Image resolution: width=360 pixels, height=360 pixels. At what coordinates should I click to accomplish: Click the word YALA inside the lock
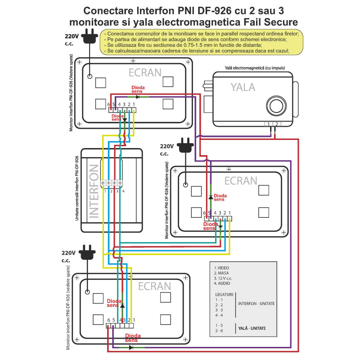coord(243,87)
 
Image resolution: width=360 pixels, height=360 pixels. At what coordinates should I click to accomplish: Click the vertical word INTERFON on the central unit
coord(94,191)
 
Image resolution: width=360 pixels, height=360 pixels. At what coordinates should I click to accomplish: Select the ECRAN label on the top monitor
coord(145,72)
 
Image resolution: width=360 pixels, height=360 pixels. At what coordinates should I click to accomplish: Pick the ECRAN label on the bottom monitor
coord(154,286)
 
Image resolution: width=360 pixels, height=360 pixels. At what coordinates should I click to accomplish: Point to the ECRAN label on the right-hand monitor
coord(241,180)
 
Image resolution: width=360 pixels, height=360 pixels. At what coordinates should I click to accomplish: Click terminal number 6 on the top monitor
coord(109,105)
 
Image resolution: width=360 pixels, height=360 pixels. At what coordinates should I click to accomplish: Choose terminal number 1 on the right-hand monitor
coord(229,213)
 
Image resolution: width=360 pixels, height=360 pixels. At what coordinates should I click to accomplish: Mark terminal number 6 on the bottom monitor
coord(108,320)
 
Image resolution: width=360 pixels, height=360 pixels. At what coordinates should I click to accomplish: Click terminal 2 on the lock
coord(277,124)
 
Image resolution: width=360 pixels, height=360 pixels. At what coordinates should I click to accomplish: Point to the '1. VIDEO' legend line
coord(221,268)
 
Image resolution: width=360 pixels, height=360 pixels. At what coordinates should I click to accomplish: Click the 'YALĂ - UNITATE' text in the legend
coord(252,328)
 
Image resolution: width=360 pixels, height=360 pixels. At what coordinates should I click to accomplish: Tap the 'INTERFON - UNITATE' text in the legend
coord(256,304)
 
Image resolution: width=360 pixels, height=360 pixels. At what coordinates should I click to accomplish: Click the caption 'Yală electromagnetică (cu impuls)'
coord(255,68)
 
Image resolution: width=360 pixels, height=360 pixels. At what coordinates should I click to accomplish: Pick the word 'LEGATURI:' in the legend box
coord(224,294)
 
